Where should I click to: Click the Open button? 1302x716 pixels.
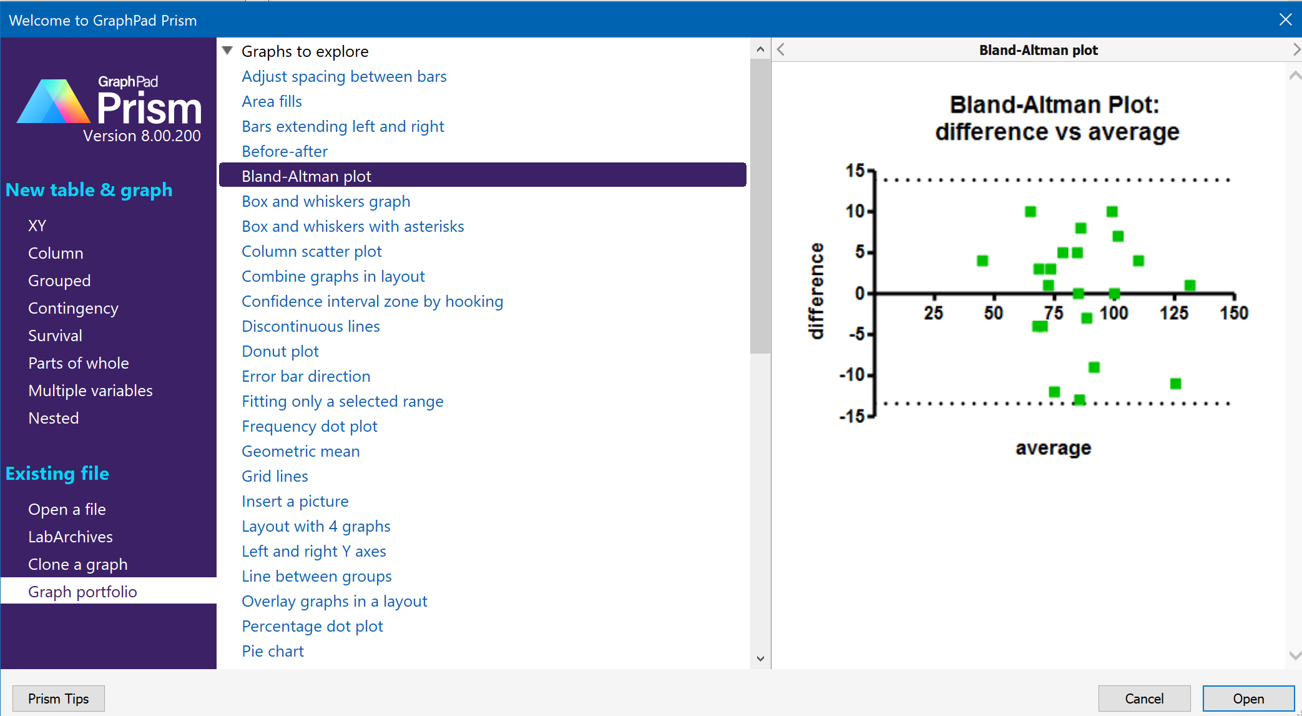(x=1248, y=699)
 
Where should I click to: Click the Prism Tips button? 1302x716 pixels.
(x=59, y=699)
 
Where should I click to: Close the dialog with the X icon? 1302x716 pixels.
(x=1285, y=20)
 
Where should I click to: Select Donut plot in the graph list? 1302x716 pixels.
(x=280, y=351)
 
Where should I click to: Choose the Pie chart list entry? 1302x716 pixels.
(x=273, y=651)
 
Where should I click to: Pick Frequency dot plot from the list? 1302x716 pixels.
(x=310, y=426)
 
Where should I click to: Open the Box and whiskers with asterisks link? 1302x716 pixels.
(x=353, y=226)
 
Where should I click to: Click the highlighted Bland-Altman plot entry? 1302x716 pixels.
(x=306, y=176)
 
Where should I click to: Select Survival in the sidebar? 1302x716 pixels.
(x=55, y=336)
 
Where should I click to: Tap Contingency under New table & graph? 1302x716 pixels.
(x=73, y=308)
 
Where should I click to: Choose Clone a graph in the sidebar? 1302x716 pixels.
(x=77, y=564)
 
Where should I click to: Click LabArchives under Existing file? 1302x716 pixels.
(x=71, y=537)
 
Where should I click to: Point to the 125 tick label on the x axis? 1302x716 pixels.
(x=1173, y=313)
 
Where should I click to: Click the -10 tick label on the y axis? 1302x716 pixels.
(x=852, y=375)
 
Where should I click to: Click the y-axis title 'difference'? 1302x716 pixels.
(x=816, y=291)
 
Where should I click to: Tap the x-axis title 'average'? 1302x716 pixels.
(x=1053, y=448)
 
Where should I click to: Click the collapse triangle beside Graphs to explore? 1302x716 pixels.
(x=228, y=51)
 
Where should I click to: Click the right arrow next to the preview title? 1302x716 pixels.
(x=1296, y=50)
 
